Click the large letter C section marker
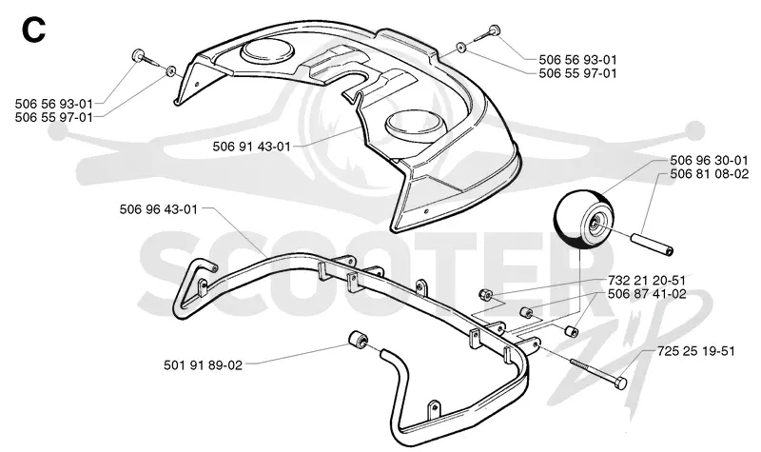[33, 30]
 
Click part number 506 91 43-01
[251, 147]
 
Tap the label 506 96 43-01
[158, 209]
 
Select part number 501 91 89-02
[203, 364]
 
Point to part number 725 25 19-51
[696, 350]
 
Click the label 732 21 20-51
[647, 280]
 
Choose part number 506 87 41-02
[647, 294]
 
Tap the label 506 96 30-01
[709, 160]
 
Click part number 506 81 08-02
[709, 173]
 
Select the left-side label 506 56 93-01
[54, 104]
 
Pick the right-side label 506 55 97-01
[577, 73]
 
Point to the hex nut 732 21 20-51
[485, 294]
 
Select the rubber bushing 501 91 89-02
[359, 340]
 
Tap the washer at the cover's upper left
[170, 71]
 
